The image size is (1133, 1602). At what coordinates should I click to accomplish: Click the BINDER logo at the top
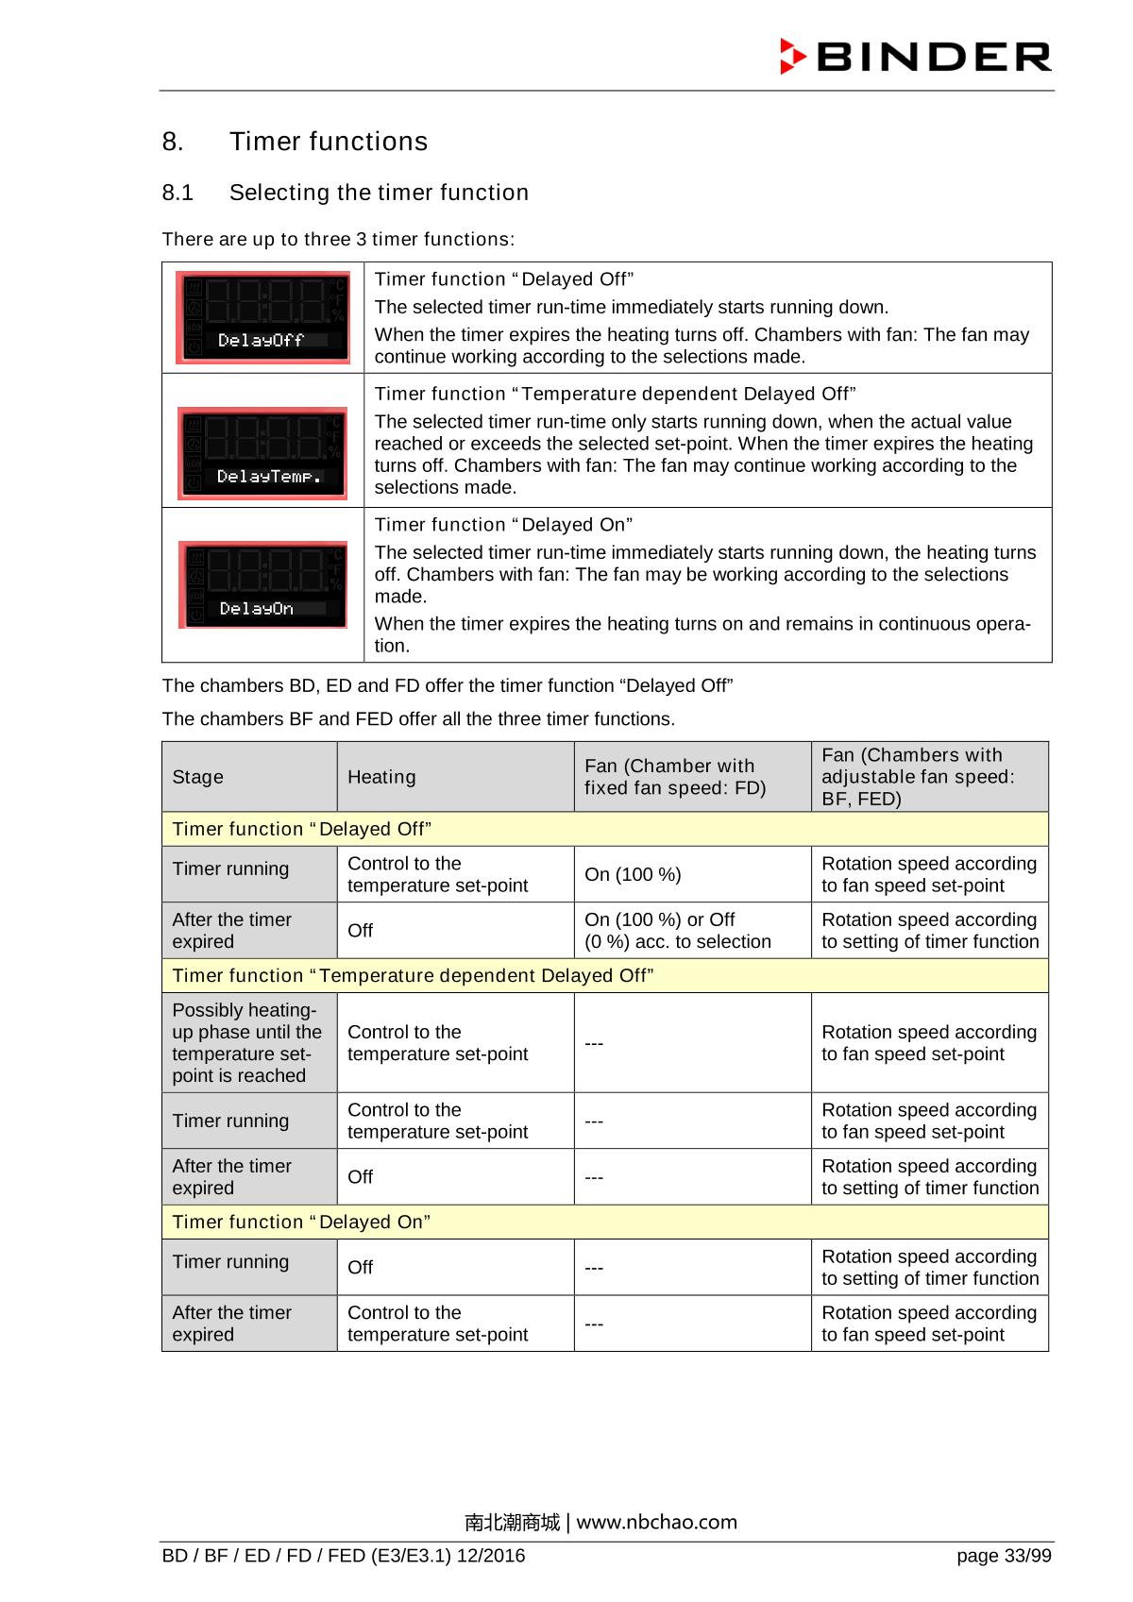coord(915,57)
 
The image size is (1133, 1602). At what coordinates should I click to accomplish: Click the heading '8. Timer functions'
coord(295,142)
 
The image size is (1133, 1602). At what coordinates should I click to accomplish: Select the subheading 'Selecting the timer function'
coord(379,193)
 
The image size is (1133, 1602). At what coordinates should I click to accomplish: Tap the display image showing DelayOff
coord(263,318)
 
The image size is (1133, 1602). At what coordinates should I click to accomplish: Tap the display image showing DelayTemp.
coord(263,453)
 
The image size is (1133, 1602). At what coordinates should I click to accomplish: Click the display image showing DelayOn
coord(263,585)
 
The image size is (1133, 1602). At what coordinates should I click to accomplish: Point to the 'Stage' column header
coord(198,777)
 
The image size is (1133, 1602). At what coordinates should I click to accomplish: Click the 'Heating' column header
coord(381,777)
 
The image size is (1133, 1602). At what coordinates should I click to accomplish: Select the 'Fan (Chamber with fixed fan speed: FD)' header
coord(674,777)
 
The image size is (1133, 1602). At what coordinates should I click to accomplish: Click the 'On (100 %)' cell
coord(633,875)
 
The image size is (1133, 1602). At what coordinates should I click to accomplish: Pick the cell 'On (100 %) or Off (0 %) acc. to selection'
coord(677,931)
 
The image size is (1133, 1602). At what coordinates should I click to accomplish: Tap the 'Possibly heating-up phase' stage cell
coord(247,1042)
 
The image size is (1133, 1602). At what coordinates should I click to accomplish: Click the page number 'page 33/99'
coord(1003,1556)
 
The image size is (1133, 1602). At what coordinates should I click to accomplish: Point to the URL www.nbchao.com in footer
coord(656,1522)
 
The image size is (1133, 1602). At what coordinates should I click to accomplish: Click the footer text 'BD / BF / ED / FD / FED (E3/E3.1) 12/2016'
coord(344,1556)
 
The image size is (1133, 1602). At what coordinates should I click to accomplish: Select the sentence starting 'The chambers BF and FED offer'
coord(418,719)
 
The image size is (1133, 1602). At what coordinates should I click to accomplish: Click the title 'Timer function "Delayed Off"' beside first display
coord(504,279)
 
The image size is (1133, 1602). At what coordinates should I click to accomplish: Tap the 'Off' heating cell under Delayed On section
coord(361,1268)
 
